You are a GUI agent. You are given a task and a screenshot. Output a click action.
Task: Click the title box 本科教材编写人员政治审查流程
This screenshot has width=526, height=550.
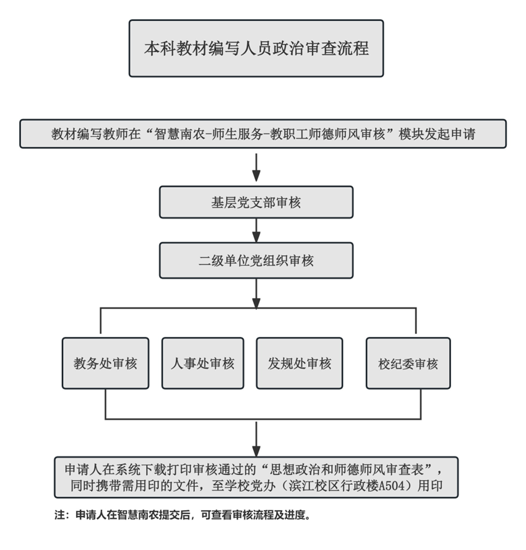256,48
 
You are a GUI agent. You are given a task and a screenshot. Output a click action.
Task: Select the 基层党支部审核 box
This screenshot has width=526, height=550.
256,203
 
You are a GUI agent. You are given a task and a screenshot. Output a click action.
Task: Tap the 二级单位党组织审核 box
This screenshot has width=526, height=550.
256,261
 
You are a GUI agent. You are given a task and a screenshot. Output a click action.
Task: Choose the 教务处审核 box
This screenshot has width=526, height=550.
105,364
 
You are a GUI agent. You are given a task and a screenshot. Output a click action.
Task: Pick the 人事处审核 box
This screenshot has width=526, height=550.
202,364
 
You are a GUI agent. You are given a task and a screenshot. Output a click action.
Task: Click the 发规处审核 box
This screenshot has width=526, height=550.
300,364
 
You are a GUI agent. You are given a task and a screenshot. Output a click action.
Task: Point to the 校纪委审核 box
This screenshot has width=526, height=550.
408,364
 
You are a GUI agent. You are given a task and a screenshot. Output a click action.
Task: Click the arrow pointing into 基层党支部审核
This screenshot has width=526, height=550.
257,167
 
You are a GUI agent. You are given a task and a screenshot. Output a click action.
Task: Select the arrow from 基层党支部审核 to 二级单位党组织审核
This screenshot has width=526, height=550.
257,230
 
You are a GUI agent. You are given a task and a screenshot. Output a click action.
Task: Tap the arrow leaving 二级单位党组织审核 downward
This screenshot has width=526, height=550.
257,294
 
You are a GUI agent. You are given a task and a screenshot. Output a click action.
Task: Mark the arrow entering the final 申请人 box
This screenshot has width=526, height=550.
257,439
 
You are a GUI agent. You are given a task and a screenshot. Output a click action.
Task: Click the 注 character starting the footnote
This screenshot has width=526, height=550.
59,515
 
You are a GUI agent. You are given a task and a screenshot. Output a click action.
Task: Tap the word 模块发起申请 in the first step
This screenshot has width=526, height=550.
438,134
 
